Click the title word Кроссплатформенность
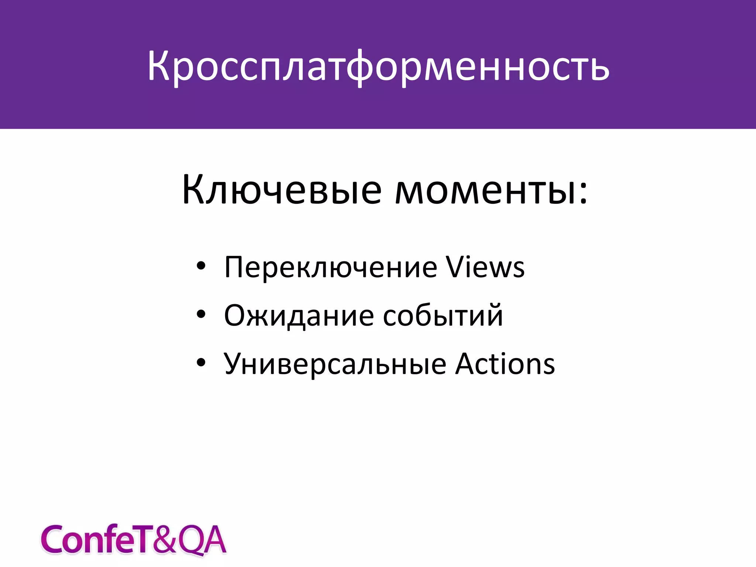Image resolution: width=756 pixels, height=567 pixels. [x=378, y=66]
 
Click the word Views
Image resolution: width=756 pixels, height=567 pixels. [x=485, y=267]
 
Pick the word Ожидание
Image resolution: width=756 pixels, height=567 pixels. [x=299, y=316]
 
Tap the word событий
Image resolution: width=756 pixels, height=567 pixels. [x=443, y=316]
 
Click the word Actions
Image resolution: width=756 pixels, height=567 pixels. [x=505, y=364]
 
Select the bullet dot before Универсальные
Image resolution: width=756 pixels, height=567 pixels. [x=201, y=362]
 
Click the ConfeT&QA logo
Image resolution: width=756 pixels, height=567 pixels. [x=133, y=540]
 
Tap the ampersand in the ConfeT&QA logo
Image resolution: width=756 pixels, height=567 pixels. [x=165, y=540]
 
